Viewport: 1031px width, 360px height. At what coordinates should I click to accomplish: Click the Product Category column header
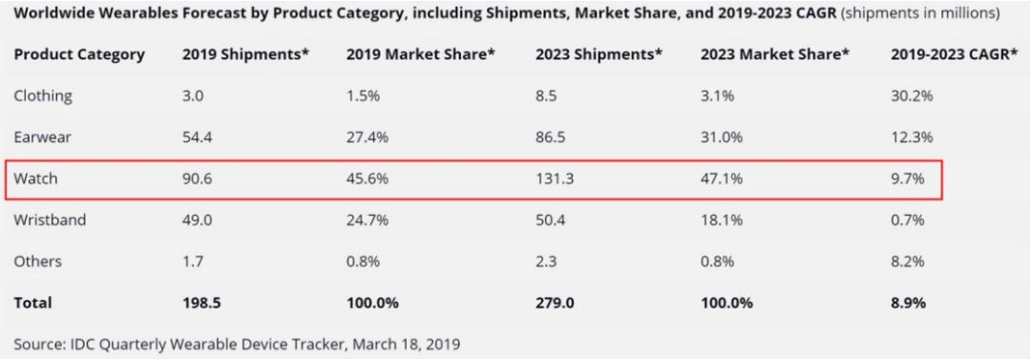tap(79, 54)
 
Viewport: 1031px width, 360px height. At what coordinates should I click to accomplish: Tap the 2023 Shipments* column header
tap(599, 54)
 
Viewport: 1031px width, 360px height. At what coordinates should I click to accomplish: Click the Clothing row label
tap(43, 96)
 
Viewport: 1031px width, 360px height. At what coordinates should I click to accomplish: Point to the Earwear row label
tap(42, 137)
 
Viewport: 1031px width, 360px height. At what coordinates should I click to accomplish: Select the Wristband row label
tap(50, 220)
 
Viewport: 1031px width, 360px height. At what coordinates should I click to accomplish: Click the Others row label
tap(37, 261)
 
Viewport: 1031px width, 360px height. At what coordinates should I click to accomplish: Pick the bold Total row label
tap(32, 303)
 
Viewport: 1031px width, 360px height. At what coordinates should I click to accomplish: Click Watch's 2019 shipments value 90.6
tap(198, 179)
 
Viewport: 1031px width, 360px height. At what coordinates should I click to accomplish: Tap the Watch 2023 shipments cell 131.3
tap(555, 179)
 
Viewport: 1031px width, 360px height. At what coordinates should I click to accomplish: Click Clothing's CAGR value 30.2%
tap(912, 96)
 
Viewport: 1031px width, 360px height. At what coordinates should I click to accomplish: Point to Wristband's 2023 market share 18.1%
tap(722, 220)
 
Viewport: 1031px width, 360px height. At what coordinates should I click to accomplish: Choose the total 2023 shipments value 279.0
tap(555, 303)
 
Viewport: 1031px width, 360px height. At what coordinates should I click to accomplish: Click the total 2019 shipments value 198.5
tap(201, 303)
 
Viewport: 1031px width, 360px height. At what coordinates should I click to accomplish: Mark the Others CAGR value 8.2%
tap(909, 261)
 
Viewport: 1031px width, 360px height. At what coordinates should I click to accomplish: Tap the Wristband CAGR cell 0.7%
tap(909, 220)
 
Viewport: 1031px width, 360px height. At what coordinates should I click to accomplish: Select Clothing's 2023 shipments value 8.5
tap(546, 96)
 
